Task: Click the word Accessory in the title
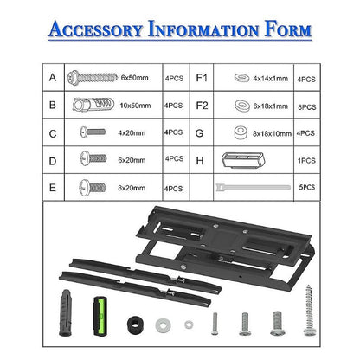pos(97,31)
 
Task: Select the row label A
pos(53,78)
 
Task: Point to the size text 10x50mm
pos(136,106)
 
